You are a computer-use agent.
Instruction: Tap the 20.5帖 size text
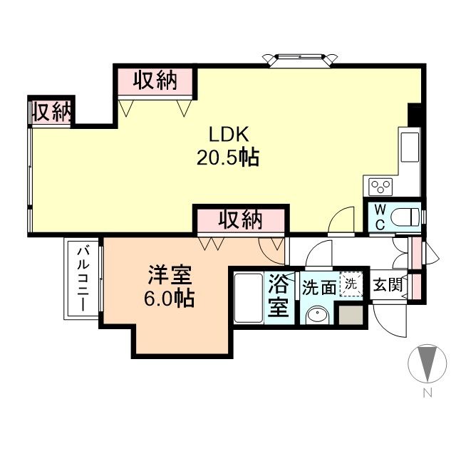click(227, 157)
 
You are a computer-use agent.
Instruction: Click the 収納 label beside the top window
click(153, 81)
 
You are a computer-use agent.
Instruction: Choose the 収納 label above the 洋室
click(240, 219)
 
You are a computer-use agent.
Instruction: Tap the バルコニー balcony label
click(82, 280)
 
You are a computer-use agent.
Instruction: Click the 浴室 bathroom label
click(279, 297)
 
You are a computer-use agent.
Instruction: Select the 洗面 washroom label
click(318, 287)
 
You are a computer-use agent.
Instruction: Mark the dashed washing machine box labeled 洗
click(351, 283)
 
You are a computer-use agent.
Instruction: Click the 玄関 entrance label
click(388, 286)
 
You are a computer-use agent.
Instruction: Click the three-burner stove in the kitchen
click(380, 186)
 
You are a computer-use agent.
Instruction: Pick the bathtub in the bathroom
click(249, 298)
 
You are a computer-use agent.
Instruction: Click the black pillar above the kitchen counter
click(414, 114)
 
